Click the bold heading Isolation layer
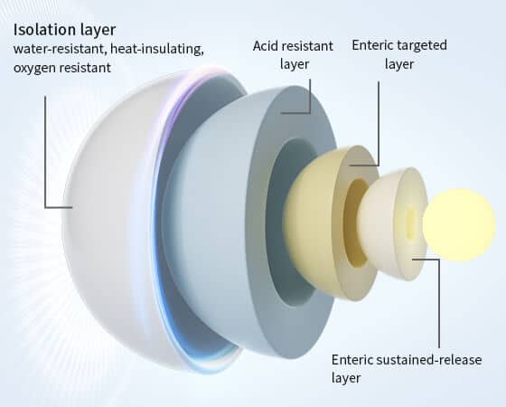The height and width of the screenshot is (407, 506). pos(64,30)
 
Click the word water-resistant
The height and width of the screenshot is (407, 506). pos(60,49)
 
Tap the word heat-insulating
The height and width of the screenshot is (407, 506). pos(157,49)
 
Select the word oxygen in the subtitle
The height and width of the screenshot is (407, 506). pos(34,68)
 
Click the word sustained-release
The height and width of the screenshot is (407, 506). pos(429,360)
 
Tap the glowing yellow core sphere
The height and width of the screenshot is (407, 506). pos(459,224)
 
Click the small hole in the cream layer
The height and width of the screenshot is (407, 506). pos(411,223)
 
